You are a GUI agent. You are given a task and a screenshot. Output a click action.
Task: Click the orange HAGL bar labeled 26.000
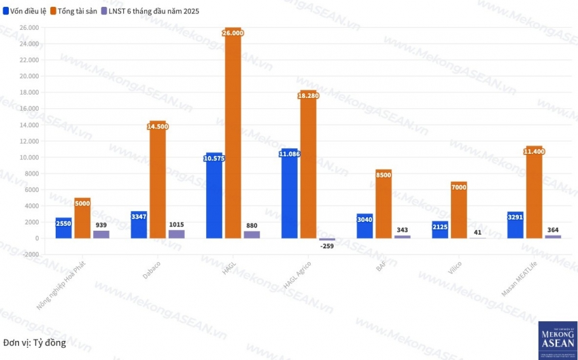click(233, 136)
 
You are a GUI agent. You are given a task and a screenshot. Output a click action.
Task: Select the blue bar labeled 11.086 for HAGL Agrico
click(289, 197)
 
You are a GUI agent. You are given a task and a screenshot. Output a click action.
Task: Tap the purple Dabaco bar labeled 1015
click(176, 234)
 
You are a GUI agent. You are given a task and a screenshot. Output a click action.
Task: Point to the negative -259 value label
click(328, 246)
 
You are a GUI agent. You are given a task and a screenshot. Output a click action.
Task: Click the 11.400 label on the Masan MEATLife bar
click(533, 151)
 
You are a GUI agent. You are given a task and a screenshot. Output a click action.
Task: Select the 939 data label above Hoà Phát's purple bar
click(101, 225)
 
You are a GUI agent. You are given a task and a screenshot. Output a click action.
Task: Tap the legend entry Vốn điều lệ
click(26, 11)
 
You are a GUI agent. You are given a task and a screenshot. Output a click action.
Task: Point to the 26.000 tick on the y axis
click(29, 28)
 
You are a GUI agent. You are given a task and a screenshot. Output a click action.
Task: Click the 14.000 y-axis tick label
click(29, 125)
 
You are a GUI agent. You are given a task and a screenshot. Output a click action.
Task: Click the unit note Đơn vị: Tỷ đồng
click(35, 342)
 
